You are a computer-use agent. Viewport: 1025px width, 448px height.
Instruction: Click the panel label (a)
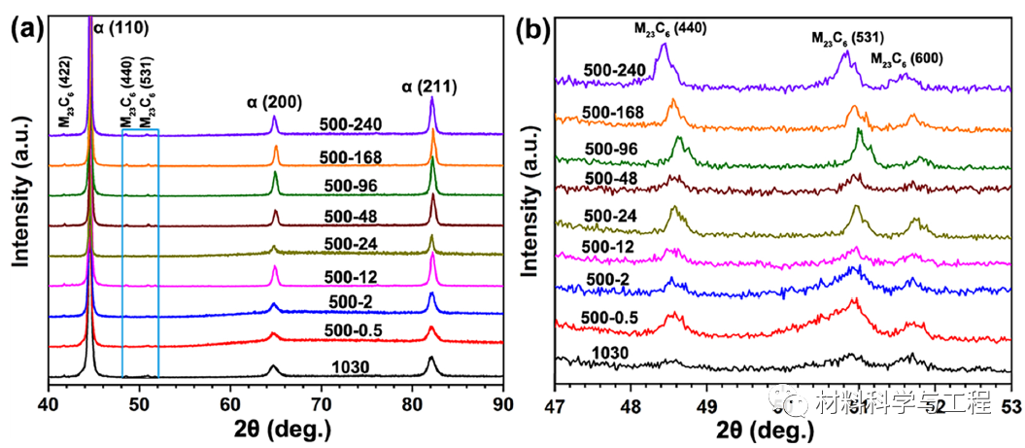coord(26,28)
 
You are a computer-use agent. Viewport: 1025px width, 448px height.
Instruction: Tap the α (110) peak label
coord(120,28)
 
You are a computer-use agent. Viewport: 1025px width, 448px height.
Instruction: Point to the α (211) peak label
coord(429,89)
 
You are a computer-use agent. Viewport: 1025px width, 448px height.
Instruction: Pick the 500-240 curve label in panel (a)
coord(351,124)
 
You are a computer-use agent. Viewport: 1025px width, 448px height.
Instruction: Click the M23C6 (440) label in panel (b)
coord(670,28)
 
